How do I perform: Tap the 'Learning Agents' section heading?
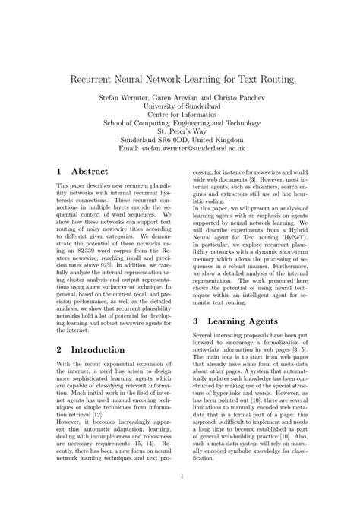tap(251, 321)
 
